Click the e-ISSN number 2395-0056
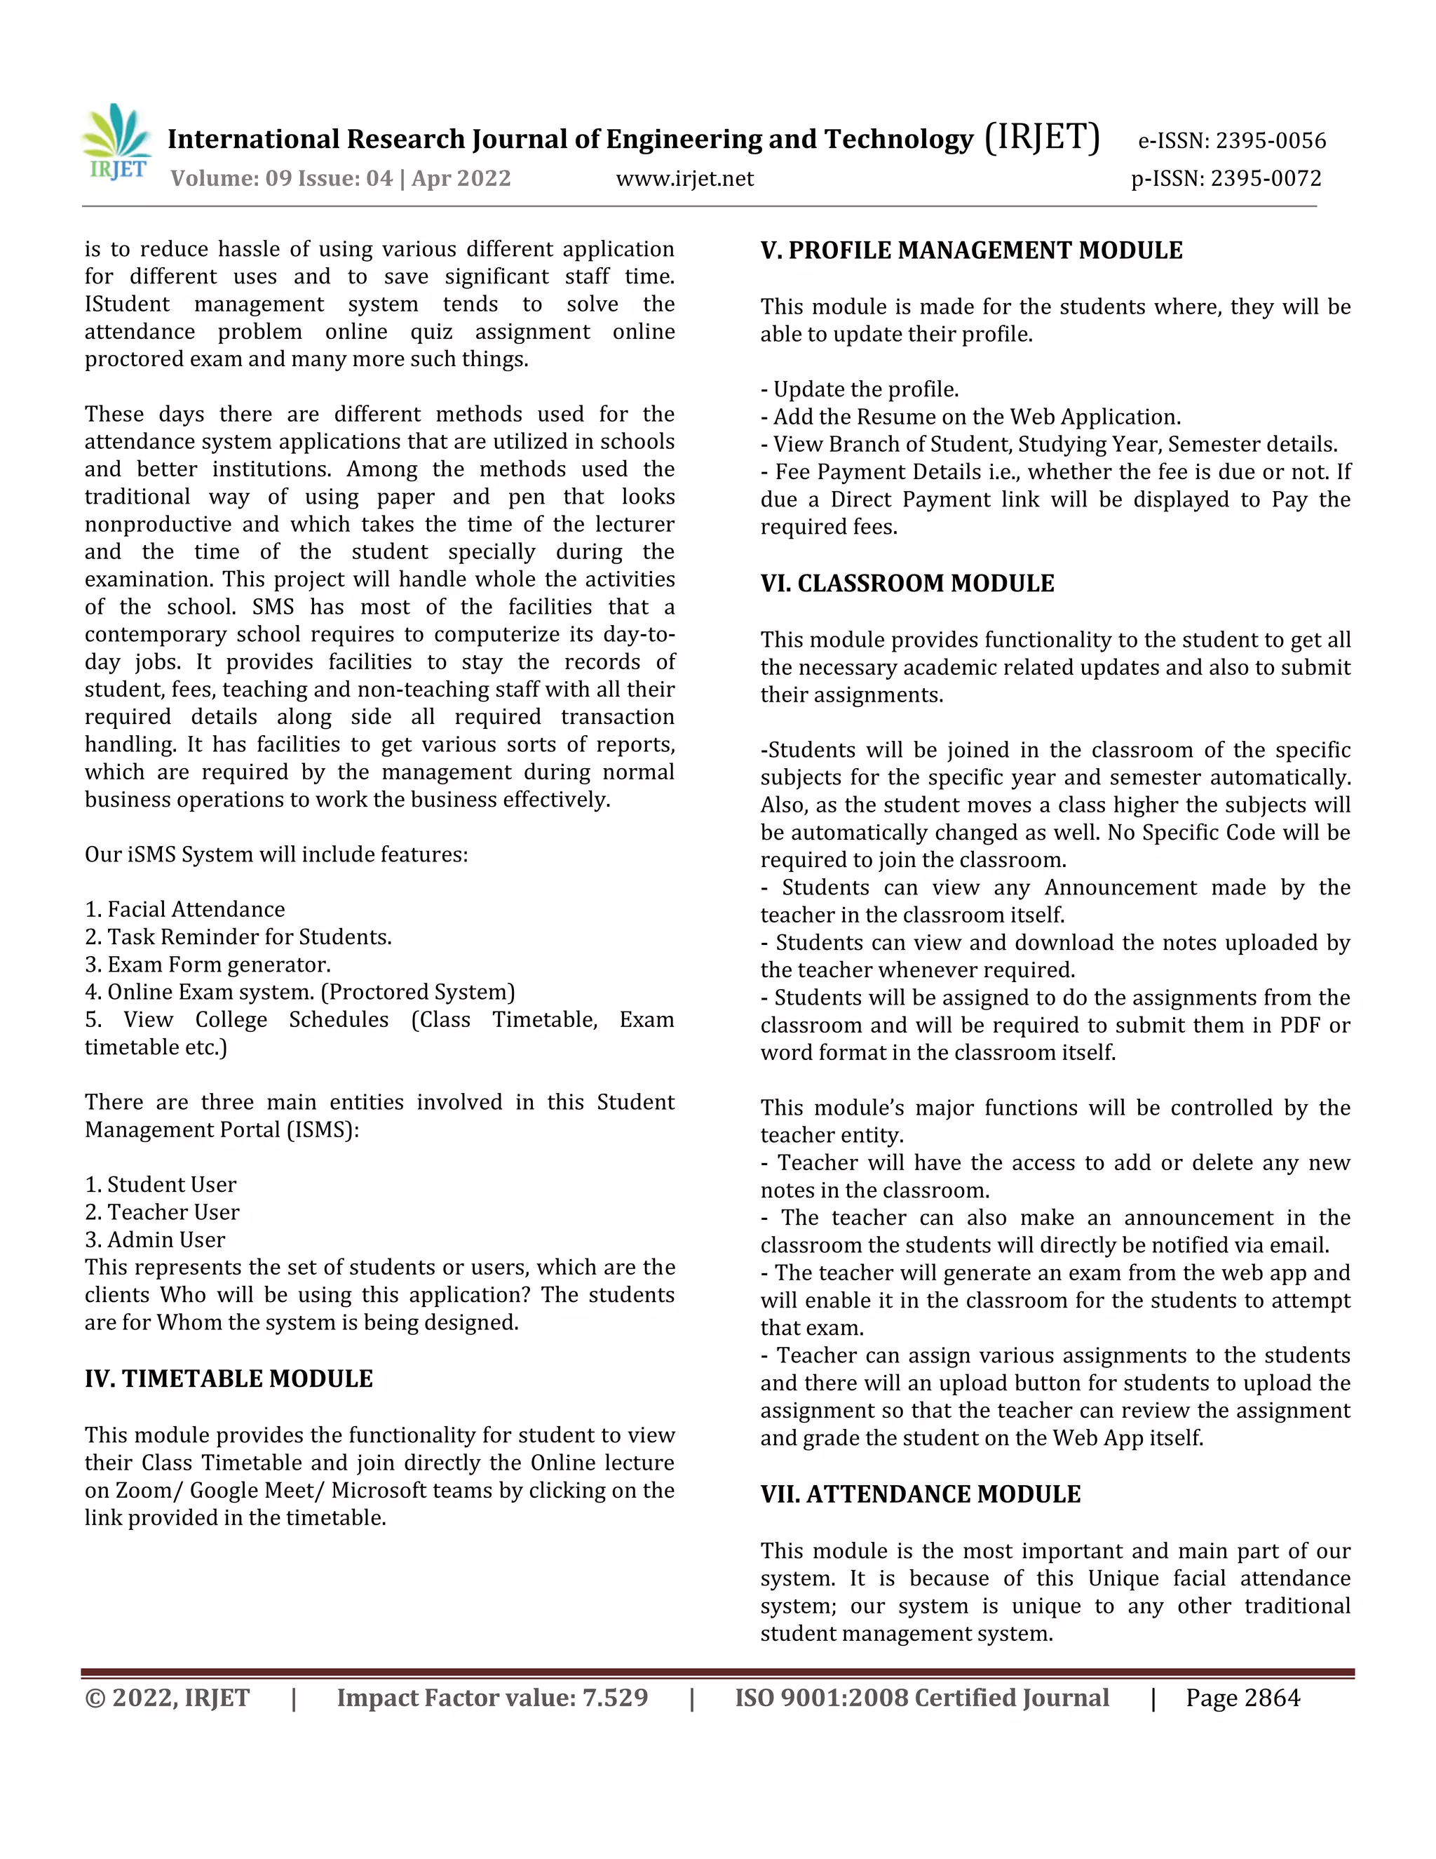tap(1270, 140)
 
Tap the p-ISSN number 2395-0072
tap(1266, 179)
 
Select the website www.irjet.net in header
tap(685, 179)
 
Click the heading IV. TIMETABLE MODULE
tap(229, 1379)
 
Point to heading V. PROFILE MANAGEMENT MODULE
tap(972, 250)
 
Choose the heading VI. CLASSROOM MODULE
tap(907, 583)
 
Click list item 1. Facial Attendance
tap(184, 909)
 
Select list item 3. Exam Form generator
tap(208, 965)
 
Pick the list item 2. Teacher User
tap(162, 1212)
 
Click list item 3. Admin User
tap(155, 1240)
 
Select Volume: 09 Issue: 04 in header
tap(282, 179)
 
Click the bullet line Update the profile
tap(860, 389)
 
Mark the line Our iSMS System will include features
tap(276, 854)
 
